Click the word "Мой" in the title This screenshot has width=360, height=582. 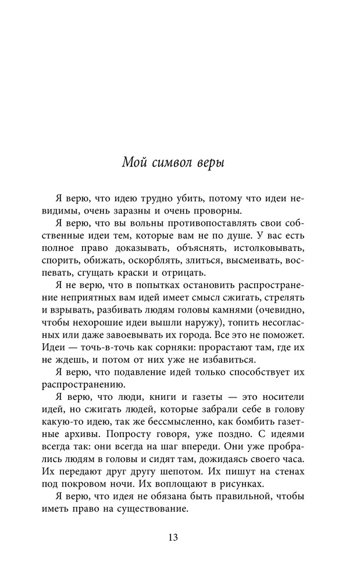[134, 162]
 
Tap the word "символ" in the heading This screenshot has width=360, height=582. [170, 162]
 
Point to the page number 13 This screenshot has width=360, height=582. [173, 537]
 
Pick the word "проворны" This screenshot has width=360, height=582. [215, 211]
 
